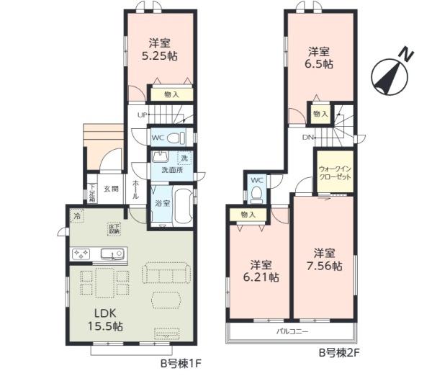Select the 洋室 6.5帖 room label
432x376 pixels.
319,58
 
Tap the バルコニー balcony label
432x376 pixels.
292,332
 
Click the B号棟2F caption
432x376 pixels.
339,354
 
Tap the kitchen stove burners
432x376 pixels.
80,254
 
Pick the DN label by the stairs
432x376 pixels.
307,137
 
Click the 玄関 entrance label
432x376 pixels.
110,189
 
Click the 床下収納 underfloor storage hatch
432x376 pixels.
114,229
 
